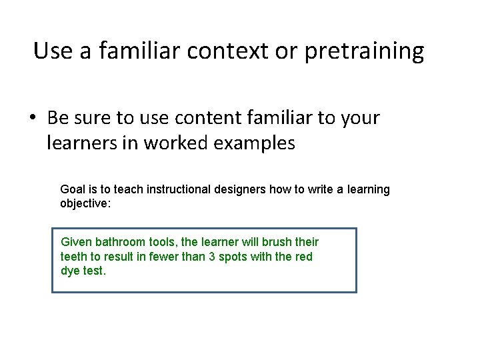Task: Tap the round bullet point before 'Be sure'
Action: (x=33, y=119)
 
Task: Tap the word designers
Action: (x=241, y=189)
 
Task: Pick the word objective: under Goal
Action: (x=85, y=203)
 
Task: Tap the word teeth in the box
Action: (x=73, y=257)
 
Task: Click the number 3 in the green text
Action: (x=203, y=257)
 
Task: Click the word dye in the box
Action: (x=70, y=271)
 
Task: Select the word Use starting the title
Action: (x=48, y=51)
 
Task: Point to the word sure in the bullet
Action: (x=91, y=118)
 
